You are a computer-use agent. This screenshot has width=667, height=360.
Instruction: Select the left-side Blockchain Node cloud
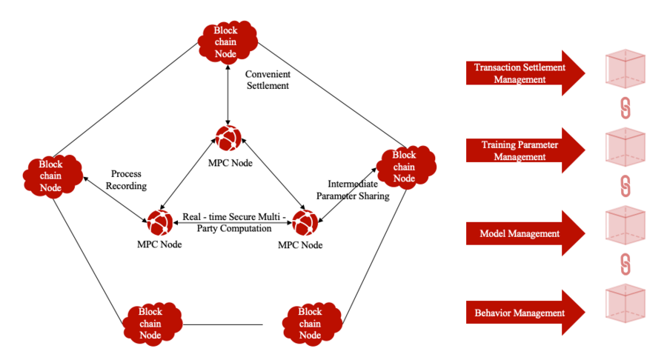51,176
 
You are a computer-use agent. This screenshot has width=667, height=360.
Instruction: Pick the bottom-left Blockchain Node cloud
150,322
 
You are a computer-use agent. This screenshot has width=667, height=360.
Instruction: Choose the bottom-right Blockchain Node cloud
311,322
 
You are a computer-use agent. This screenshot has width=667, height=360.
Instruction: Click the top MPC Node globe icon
228,138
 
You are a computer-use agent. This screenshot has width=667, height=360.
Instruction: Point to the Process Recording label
126,179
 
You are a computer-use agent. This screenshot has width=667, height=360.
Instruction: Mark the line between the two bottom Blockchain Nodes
223,324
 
